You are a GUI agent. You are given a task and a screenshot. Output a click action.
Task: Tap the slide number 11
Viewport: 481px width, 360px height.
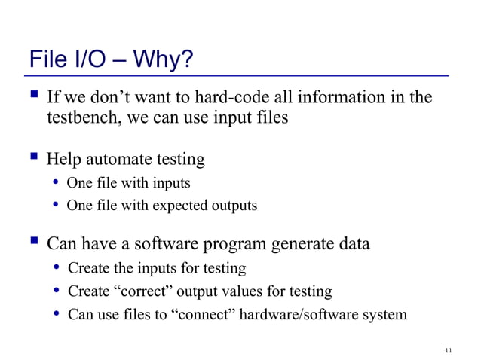point(449,349)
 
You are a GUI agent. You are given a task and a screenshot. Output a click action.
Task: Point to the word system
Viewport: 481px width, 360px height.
point(385,314)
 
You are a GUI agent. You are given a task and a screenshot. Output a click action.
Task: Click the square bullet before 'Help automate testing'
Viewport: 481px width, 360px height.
point(33,159)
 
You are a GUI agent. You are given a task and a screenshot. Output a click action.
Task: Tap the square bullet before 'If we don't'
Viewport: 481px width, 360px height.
point(33,97)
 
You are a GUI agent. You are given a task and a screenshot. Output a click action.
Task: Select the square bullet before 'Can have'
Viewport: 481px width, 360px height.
point(33,244)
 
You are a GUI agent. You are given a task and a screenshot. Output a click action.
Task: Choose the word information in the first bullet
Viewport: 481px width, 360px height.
point(344,98)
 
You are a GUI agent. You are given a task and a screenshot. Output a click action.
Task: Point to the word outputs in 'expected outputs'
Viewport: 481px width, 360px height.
point(234,206)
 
